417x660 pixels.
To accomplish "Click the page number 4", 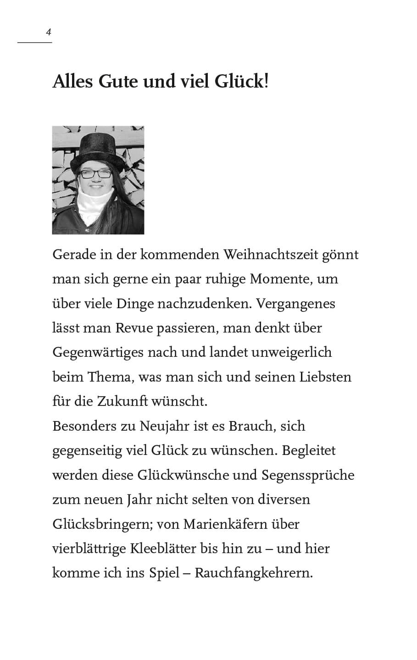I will click(x=49, y=32).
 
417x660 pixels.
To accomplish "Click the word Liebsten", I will click(x=325, y=377).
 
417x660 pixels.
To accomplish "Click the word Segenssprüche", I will click(x=308, y=475).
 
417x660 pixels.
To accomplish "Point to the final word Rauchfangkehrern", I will click(x=253, y=573).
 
